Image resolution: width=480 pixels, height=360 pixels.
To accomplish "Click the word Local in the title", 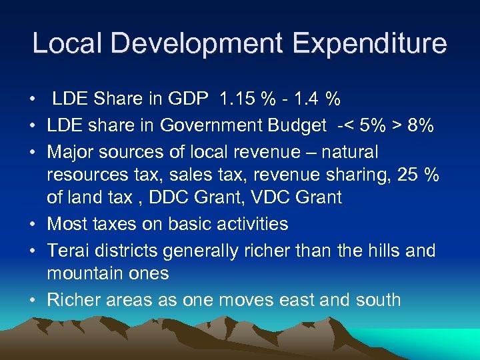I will (x=63, y=44).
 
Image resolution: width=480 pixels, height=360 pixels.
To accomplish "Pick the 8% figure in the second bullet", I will (x=421, y=126).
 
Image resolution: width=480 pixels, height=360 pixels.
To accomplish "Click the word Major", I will (x=69, y=153).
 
